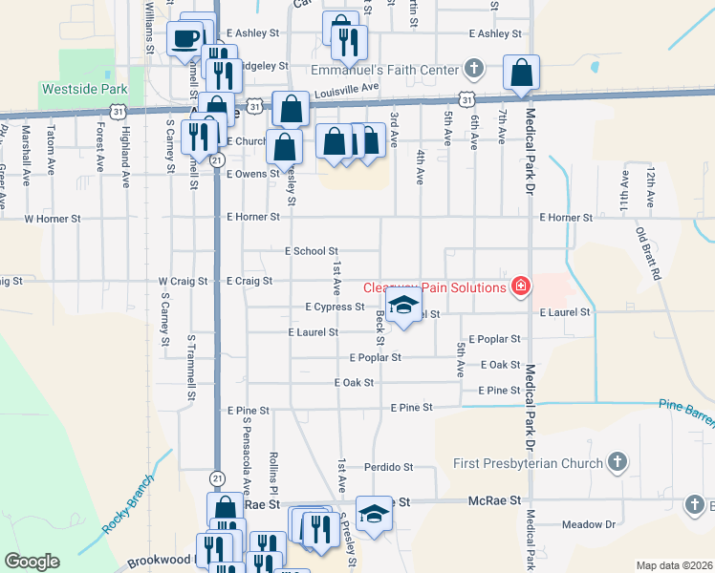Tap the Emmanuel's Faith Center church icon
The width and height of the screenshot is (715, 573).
pyautogui.click(x=473, y=69)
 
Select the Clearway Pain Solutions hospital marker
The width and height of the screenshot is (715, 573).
pyautogui.click(x=521, y=286)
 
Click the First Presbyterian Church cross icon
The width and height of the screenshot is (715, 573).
pyautogui.click(x=617, y=463)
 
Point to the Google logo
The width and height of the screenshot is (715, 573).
pyautogui.click(x=32, y=562)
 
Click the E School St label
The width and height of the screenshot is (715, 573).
pyautogui.click(x=312, y=250)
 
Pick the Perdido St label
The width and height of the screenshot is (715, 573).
pyautogui.click(x=387, y=467)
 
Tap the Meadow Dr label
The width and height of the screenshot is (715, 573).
pyautogui.click(x=588, y=524)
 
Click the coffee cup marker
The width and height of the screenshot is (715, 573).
pyautogui.click(x=185, y=40)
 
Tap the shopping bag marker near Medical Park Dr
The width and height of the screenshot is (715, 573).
pyautogui.click(x=521, y=73)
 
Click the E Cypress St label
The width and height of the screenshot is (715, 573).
pyautogui.click(x=335, y=307)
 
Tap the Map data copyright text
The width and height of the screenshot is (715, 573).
pyautogui.click(x=673, y=565)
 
